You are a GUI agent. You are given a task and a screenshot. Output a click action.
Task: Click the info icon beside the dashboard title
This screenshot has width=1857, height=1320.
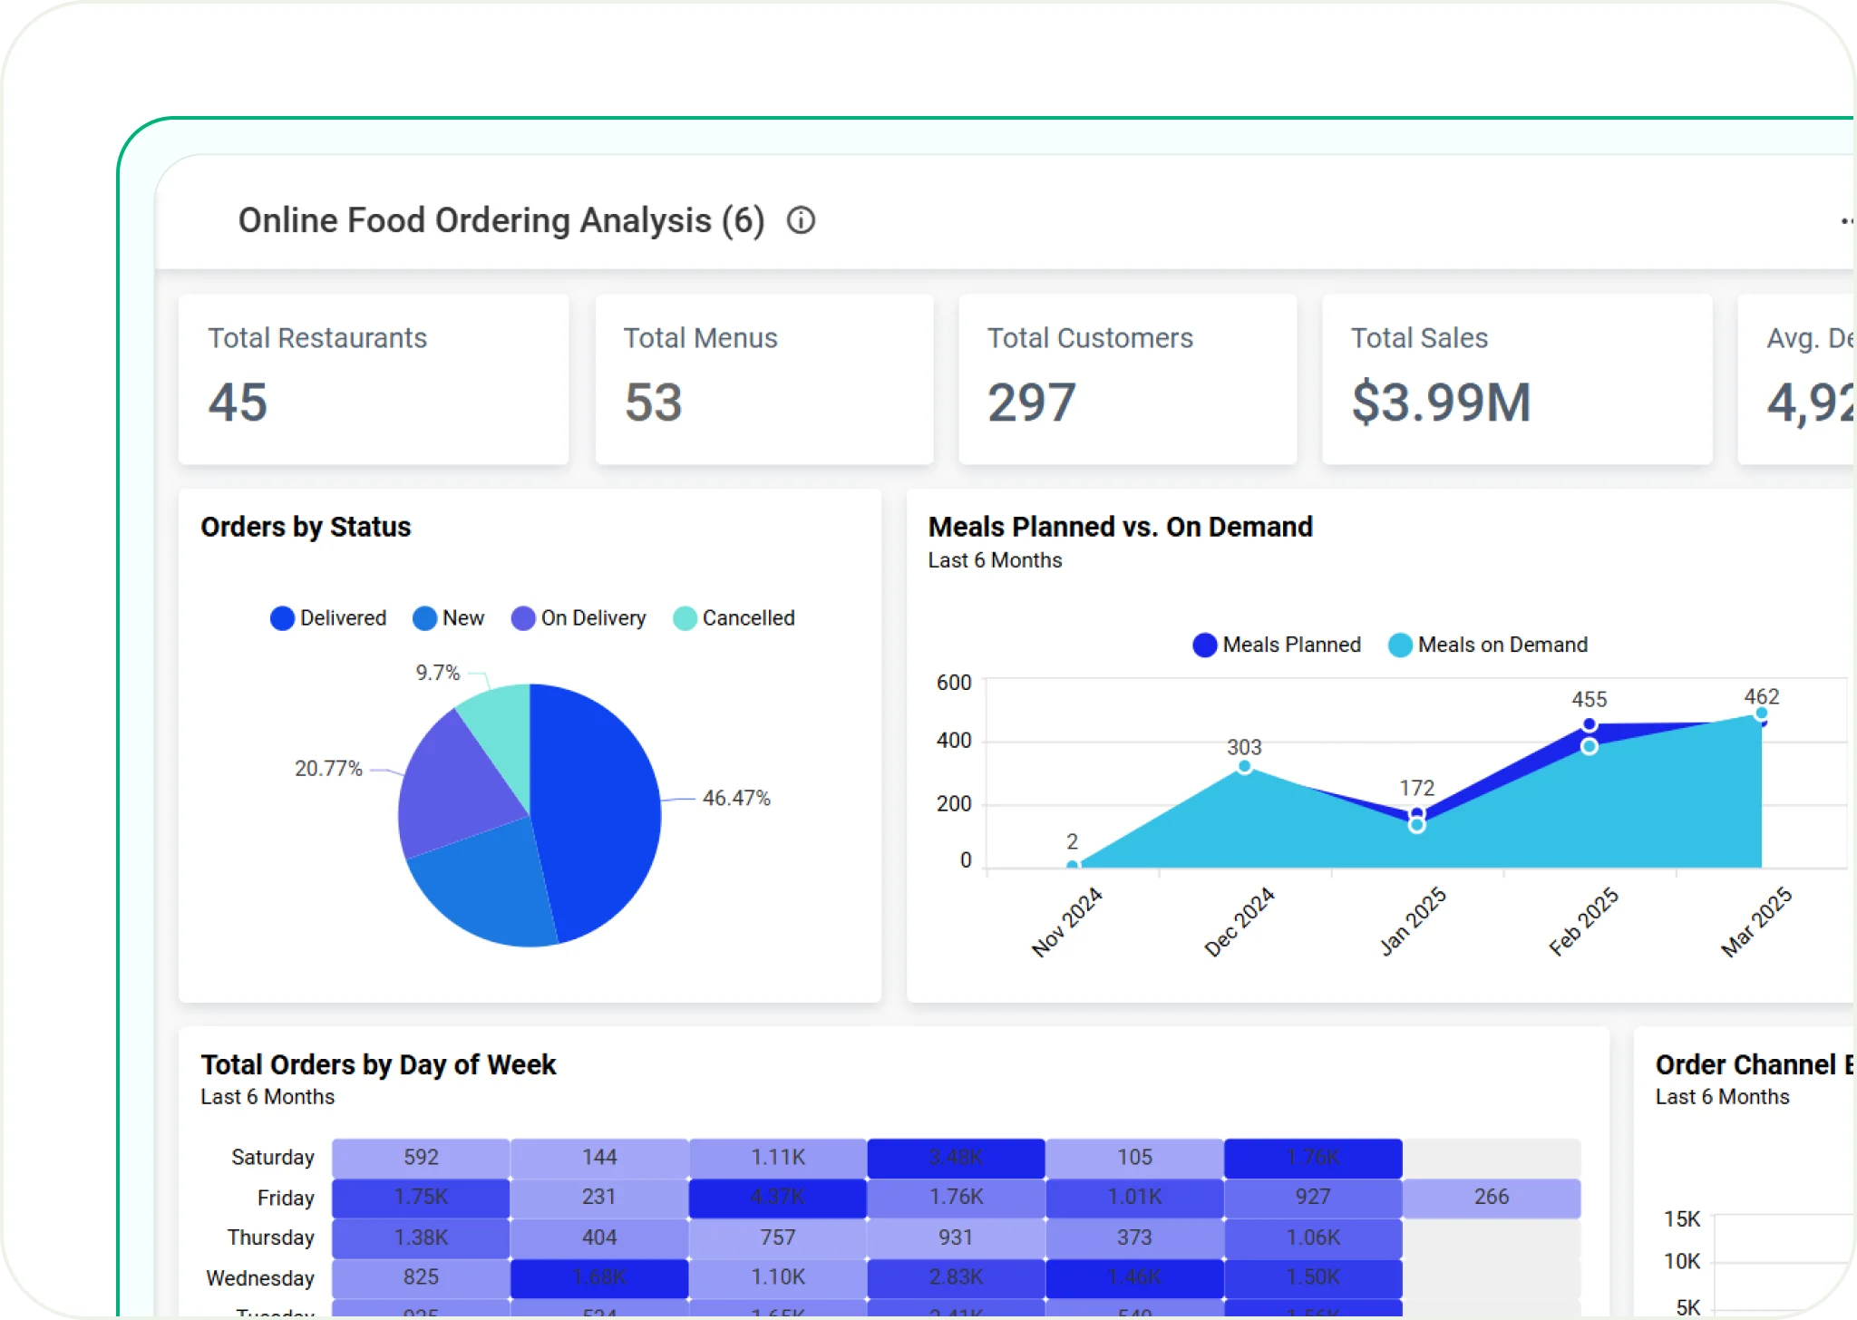pos(801,220)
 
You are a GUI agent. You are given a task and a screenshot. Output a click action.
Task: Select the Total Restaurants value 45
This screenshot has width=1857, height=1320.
pos(238,402)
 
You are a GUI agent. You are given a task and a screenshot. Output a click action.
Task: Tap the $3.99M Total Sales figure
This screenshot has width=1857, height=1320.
pos(1441,402)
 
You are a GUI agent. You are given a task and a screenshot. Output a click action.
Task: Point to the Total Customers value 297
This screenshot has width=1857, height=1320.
pos(1031,402)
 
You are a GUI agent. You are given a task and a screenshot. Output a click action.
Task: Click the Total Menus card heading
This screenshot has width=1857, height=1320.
pos(700,338)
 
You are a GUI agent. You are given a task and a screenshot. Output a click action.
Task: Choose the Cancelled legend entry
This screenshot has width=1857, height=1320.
pos(734,618)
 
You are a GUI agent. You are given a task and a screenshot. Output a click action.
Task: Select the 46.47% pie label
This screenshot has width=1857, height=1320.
pos(735,798)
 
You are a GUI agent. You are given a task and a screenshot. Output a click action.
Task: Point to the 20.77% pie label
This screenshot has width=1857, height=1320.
pos(328,769)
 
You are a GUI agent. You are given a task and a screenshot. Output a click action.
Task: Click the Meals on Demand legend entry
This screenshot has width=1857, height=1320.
pos(1488,645)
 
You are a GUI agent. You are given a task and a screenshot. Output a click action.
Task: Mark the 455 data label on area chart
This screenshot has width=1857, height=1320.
pos(1589,699)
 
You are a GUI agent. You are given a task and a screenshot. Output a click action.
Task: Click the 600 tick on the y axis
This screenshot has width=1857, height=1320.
pos(953,683)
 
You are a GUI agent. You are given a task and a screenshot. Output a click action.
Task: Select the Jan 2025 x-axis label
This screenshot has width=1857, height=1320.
pos(1412,922)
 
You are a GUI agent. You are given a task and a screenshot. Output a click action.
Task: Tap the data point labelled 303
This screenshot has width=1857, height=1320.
pos(1244,767)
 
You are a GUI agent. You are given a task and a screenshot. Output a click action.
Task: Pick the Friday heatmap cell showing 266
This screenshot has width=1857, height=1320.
pos(1491,1197)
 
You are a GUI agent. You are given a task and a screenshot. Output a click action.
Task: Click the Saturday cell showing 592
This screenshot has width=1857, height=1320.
pos(421,1158)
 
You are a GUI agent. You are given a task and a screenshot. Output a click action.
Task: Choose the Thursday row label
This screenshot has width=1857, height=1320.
pos(270,1237)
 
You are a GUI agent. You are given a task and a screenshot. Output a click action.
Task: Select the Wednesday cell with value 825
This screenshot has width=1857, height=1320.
pos(421,1277)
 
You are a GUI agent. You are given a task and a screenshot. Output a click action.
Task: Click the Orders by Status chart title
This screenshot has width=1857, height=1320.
pos(306,527)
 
